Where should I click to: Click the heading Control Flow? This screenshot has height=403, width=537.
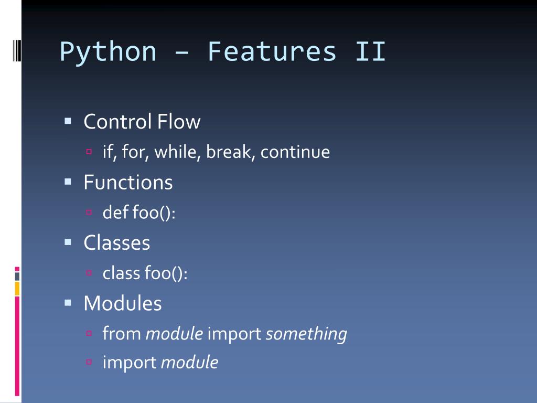tap(142, 122)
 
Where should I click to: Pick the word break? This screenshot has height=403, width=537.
tap(230, 152)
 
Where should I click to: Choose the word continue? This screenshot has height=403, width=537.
tap(295, 152)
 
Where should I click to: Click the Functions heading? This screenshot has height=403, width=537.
tap(128, 183)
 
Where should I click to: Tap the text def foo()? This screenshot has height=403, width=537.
tap(139, 213)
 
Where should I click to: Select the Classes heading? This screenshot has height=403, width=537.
tap(116, 243)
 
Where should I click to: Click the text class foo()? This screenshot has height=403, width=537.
tap(145, 273)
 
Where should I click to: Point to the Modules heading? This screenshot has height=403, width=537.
tap(122, 303)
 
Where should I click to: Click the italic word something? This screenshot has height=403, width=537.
tap(306, 334)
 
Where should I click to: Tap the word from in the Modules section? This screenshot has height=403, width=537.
tap(122, 334)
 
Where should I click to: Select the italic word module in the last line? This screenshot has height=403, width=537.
tap(189, 363)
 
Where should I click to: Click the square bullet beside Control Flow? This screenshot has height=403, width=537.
tap(68, 121)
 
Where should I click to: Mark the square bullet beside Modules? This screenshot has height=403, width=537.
tap(68, 303)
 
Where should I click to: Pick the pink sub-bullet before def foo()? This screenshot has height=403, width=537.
tap(89, 213)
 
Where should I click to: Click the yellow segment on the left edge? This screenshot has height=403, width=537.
tap(17, 288)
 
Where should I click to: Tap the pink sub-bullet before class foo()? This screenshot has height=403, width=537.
tap(89, 273)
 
